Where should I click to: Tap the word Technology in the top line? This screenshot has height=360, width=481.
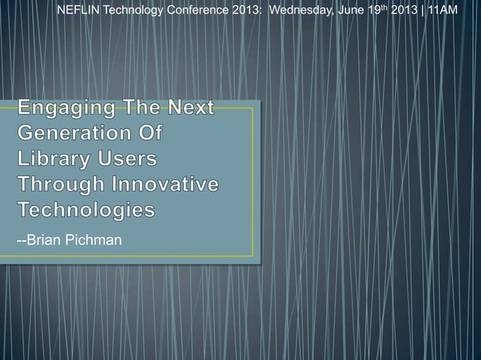pyautogui.click(x=131, y=10)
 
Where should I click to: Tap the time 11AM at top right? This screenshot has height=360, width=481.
pyautogui.click(x=442, y=10)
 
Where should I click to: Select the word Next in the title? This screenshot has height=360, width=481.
pyautogui.click(x=188, y=111)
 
